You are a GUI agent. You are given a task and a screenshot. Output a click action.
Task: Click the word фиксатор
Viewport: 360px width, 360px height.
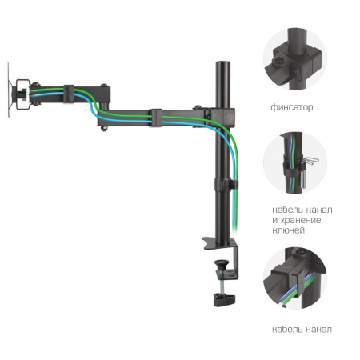(292, 107)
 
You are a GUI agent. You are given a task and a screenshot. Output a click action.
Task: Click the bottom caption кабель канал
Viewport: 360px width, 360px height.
(302, 330)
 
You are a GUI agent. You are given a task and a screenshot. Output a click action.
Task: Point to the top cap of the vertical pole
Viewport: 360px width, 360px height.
(223, 63)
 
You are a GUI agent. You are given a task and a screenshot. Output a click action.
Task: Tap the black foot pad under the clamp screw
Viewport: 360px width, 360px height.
(224, 299)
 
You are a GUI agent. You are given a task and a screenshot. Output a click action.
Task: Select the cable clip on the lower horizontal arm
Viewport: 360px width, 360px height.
(156, 118)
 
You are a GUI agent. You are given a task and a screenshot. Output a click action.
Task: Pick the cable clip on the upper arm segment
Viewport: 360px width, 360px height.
(69, 94)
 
